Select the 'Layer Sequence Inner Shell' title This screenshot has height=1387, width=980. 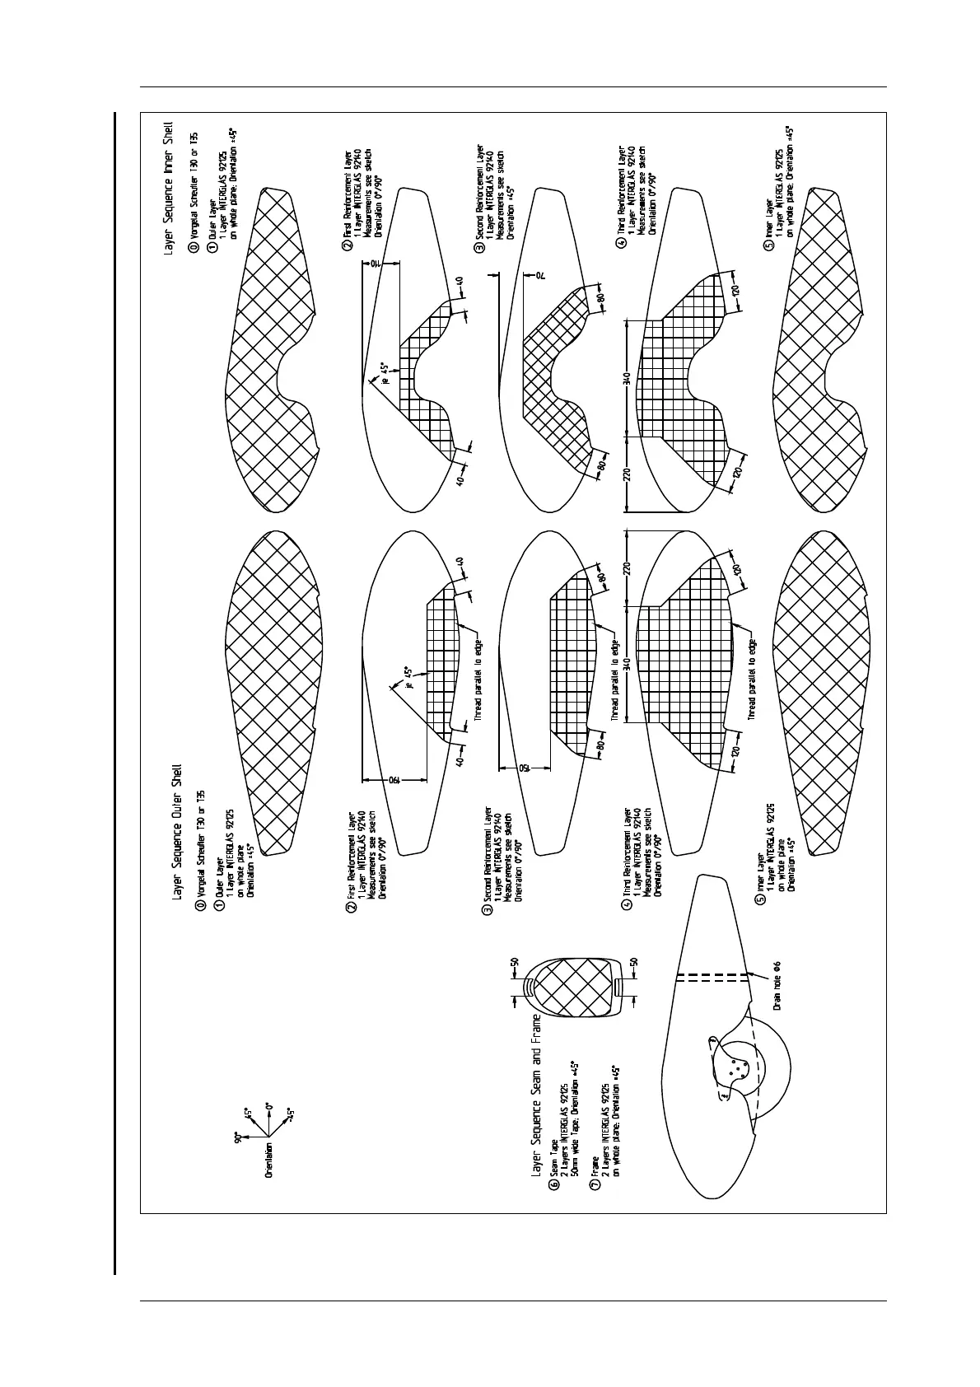170,190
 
